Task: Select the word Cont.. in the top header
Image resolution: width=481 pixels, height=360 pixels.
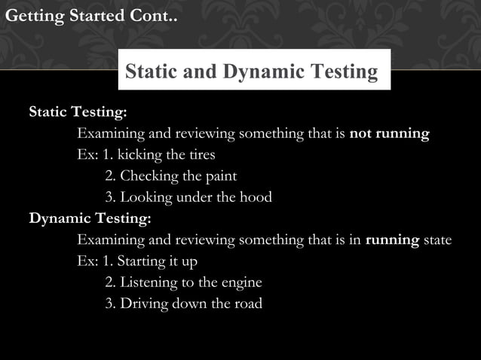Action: pos(153,15)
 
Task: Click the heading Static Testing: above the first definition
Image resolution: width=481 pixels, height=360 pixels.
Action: pos(78,112)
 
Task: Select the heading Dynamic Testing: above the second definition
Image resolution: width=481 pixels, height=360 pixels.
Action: pos(90,219)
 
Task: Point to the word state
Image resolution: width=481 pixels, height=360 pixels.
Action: pos(437,240)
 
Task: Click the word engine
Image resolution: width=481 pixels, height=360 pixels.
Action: pos(241,283)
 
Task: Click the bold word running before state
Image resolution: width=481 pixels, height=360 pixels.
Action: pos(392,240)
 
